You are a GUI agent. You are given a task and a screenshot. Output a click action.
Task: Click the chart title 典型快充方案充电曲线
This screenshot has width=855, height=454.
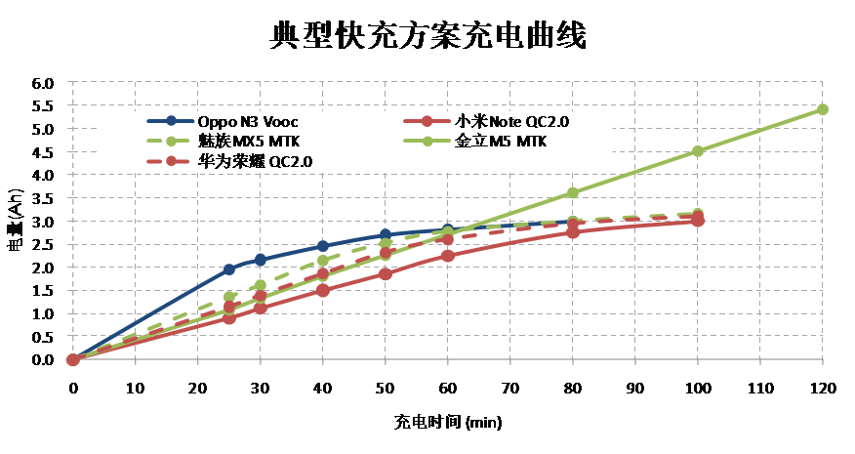[427, 36]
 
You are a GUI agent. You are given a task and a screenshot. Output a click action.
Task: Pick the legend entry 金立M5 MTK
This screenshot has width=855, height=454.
[500, 142]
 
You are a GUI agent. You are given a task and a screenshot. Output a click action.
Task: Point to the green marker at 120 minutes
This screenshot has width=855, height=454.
[822, 109]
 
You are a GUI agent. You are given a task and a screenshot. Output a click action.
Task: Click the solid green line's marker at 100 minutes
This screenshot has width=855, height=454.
[698, 151]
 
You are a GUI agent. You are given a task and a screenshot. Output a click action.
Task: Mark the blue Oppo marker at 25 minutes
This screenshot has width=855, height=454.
[229, 269]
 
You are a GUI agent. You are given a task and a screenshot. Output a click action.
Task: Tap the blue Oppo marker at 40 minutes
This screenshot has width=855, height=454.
[323, 246]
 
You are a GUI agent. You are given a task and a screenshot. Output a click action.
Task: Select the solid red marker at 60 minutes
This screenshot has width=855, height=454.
[448, 256]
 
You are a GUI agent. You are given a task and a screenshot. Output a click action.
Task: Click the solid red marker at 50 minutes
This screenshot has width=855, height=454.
[386, 273]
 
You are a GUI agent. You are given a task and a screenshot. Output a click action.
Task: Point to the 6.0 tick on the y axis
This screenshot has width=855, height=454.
[43, 83]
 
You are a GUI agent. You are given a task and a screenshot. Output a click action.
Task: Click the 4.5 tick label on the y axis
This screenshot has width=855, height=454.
[43, 152]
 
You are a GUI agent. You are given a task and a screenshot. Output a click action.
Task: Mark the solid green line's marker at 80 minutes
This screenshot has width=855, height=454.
[573, 193]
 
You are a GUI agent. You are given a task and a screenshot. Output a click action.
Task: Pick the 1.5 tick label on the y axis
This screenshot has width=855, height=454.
[43, 291]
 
